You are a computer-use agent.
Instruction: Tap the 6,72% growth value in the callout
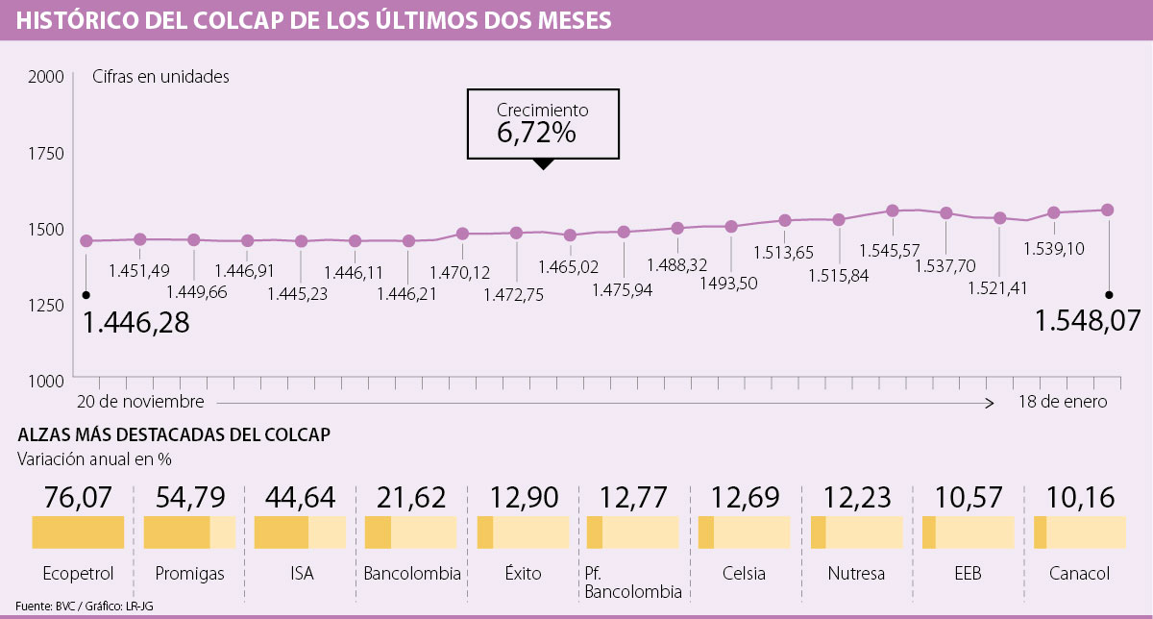click(536, 134)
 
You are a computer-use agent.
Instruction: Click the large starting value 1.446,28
click(136, 323)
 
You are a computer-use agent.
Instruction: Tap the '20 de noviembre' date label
click(140, 401)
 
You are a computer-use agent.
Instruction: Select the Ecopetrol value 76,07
click(79, 497)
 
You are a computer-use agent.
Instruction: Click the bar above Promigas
click(189, 532)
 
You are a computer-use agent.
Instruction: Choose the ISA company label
click(301, 574)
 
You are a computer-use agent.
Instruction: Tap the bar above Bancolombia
click(411, 532)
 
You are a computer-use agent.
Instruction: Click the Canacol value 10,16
click(1081, 497)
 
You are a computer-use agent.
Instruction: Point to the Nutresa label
click(857, 574)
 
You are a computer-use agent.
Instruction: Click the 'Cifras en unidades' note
click(160, 77)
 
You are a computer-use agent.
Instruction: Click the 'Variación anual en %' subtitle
click(94, 459)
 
